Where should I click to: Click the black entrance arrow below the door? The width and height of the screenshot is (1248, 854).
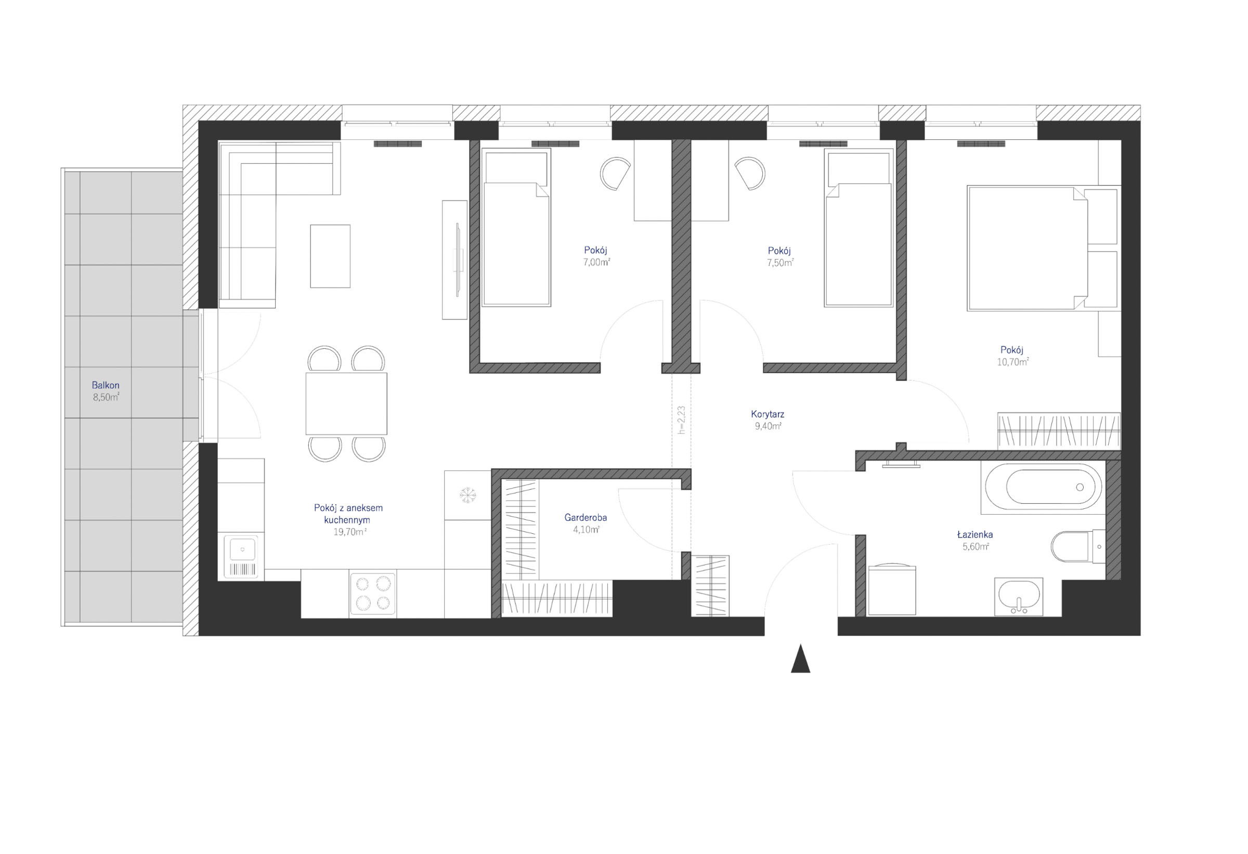point(800,659)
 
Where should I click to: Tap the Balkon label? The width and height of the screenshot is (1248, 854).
point(105,385)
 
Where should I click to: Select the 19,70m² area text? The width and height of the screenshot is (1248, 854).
point(350,532)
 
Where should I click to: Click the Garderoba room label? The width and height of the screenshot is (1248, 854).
point(586,518)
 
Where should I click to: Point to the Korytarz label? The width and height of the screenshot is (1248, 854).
point(768,414)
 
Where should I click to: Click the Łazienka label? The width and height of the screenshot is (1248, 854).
point(974,534)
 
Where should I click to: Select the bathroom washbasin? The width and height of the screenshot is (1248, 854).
point(1018,596)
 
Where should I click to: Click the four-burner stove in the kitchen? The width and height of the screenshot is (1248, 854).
point(373,593)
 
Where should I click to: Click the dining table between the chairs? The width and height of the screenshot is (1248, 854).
point(346,403)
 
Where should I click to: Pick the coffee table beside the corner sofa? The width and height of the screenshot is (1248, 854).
point(330,256)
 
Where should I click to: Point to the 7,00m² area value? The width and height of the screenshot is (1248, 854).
point(596,262)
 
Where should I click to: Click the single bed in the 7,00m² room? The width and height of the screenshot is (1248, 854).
point(516,228)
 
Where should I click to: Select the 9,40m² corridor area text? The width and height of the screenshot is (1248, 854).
point(768,426)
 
